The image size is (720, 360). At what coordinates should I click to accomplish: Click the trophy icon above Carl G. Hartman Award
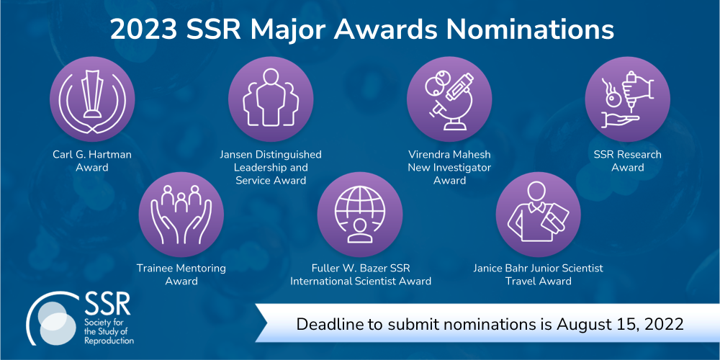(92, 99)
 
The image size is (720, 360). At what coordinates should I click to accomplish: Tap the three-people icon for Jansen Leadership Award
(271, 99)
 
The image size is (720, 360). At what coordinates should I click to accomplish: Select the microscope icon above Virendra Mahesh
(449, 99)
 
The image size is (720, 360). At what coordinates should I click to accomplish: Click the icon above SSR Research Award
(628, 99)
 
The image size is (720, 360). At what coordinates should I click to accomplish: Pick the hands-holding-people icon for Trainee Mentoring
(181, 215)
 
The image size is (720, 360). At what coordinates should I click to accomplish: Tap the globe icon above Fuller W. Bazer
(360, 215)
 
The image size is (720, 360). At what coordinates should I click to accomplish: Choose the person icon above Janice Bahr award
(539, 215)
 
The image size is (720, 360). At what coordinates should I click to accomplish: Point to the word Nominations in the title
(531, 30)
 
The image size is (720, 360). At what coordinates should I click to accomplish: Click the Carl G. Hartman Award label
(92, 161)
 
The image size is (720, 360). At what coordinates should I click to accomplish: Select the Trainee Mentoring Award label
(181, 274)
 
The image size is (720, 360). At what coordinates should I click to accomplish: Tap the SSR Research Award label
(628, 161)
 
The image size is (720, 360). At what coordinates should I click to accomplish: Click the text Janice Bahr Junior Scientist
(539, 268)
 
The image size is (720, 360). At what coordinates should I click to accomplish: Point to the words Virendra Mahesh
(449, 154)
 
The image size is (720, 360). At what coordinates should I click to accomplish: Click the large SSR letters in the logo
(107, 304)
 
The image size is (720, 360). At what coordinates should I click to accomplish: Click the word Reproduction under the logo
(109, 341)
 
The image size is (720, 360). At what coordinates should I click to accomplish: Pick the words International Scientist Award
(361, 281)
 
